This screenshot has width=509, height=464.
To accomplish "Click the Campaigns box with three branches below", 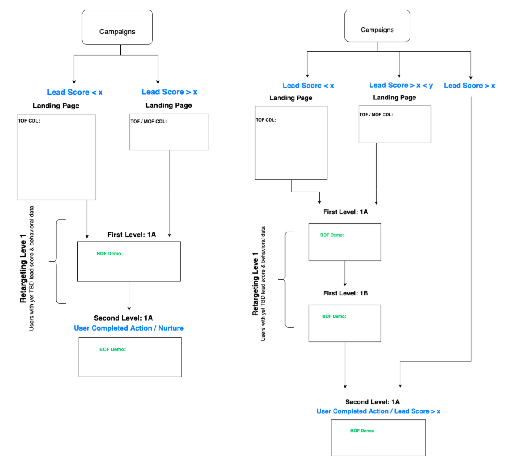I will [x=377, y=26].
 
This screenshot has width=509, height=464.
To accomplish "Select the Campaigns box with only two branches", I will [x=117, y=27].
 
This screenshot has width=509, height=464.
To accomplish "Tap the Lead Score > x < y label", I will [x=400, y=85].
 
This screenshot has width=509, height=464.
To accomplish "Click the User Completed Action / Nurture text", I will [x=129, y=328].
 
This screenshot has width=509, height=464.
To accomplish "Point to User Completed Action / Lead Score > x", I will [x=378, y=411].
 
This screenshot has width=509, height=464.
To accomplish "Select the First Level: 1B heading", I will [x=345, y=293].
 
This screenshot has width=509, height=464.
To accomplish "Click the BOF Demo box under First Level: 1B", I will [x=345, y=323].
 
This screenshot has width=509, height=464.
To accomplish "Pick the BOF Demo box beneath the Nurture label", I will [x=130, y=357].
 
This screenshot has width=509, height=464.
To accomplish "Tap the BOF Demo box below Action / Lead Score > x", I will [x=378, y=437].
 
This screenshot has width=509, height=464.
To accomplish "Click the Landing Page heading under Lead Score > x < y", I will [x=394, y=97].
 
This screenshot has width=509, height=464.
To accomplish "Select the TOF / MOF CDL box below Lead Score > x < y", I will [x=395, y=124].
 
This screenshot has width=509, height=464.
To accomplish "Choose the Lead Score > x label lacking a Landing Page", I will [x=469, y=86].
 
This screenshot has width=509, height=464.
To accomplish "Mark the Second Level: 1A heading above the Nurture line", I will [x=123, y=318].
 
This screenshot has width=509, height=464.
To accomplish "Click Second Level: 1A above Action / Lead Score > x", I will [x=372, y=402].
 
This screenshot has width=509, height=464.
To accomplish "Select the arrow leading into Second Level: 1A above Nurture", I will [x=129, y=296].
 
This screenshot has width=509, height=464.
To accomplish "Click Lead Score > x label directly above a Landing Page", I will [x=169, y=92].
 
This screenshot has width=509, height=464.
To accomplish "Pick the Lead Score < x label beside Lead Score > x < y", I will [x=308, y=86].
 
